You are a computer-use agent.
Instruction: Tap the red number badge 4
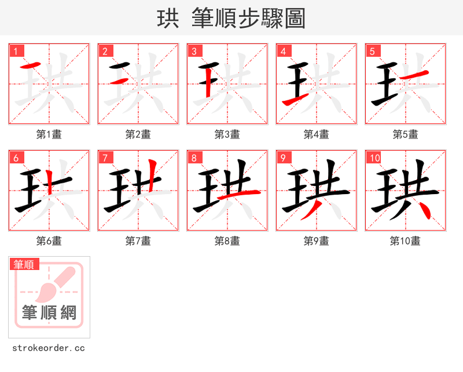point(284,51)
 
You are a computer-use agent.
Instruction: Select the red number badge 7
point(105,158)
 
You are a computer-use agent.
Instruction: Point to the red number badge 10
point(374,158)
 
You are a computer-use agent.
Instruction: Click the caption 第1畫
point(49,134)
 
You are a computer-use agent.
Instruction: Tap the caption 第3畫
point(227,134)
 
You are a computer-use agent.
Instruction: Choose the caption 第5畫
point(405,134)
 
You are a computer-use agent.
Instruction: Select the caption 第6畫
point(49,241)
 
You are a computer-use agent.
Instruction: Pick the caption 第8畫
point(227,241)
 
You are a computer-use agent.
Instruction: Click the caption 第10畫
point(405,241)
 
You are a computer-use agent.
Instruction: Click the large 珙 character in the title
point(168,19)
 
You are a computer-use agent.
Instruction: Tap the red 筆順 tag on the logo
point(24,265)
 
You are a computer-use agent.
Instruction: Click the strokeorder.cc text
point(49,348)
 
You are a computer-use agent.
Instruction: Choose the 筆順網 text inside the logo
point(49,313)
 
